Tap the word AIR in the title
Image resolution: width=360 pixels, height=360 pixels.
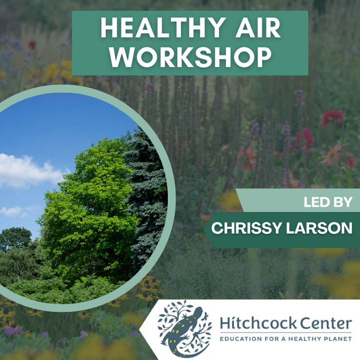258,28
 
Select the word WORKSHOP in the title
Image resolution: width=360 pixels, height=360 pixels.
190,57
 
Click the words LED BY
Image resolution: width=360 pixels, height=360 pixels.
328,202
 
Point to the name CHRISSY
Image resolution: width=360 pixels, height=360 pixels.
246,228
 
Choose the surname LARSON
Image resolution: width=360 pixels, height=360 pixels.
319,228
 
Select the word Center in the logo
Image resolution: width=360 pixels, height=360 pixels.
326,323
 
